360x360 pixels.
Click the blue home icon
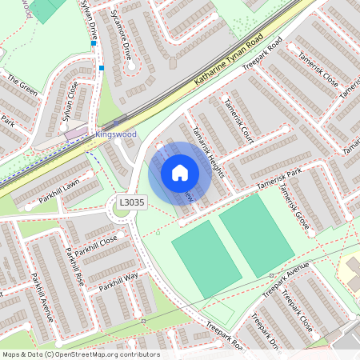(x=180, y=172)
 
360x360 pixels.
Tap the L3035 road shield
(x=131, y=203)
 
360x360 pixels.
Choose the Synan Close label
(x=70, y=100)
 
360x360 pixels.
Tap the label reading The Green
(x=22, y=85)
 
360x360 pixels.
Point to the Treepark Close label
(x=296, y=317)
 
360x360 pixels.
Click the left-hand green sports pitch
(x=206, y=259)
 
